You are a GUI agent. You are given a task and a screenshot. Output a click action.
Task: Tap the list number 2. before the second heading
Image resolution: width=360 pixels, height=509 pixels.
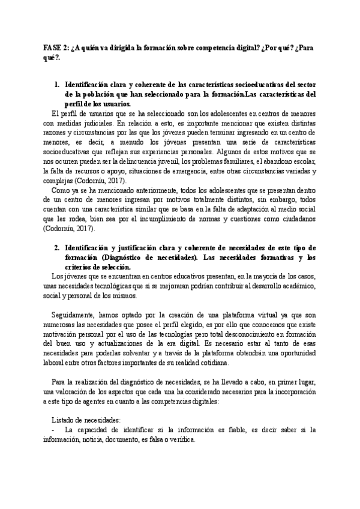point(57,248)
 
